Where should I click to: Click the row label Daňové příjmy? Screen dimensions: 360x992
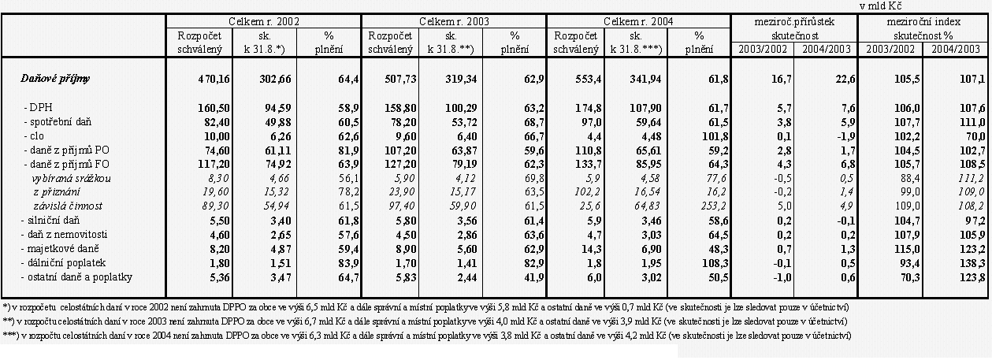pos(54,79)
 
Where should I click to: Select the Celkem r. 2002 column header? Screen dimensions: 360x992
pos(263,21)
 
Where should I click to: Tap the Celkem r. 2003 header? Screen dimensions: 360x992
pos(453,21)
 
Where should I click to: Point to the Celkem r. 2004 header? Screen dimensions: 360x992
pos(639,21)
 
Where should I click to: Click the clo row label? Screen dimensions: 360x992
pos(35,135)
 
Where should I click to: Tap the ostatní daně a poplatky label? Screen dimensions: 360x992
pos(77,276)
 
